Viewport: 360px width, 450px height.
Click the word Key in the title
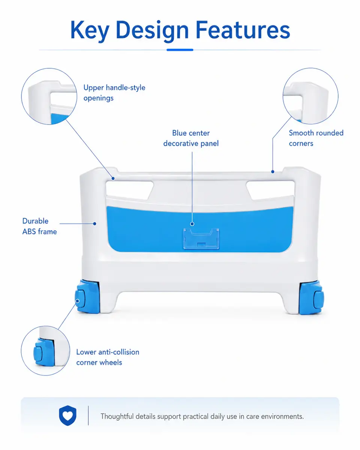click(x=90, y=30)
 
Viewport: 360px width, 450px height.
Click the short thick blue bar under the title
click(x=180, y=50)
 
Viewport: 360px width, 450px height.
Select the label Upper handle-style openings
click(x=114, y=93)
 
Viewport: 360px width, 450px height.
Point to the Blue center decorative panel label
click(x=191, y=138)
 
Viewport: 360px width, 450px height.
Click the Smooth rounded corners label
click(x=316, y=138)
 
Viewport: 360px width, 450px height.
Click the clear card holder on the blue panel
click(x=201, y=238)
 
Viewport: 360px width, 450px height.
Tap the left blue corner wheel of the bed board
click(x=87, y=297)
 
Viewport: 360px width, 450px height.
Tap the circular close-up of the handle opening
click(x=49, y=96)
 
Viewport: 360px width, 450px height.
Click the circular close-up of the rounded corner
click(x=310, y=96)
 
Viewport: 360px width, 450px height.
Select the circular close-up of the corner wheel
click(x=45, y=351)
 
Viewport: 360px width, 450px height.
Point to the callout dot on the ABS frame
click(x=94, y=223)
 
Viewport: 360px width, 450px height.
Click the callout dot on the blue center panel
click(x=192, y=224)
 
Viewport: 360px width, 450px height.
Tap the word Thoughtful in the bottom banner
click(x=117, y=416)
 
